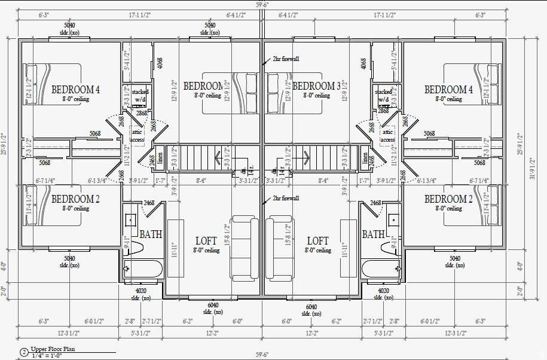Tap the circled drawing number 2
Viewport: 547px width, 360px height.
click(x=24, y=352)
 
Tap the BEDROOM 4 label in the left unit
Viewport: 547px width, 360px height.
click(x=76, y=90)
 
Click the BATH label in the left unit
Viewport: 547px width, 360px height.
click(x=151, y=234)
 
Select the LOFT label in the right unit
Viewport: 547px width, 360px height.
click(x=316, y=241)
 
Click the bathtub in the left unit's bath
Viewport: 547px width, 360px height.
click(x=143, y=269)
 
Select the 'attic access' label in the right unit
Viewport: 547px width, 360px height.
click(x=388, y=136)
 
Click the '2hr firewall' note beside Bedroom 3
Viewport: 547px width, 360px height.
click(x=286, y=59)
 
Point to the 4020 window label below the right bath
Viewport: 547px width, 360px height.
click(x=383, y=291)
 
